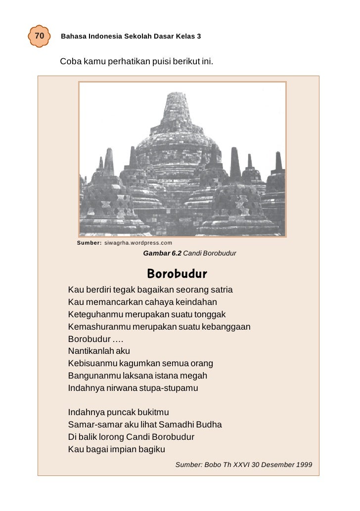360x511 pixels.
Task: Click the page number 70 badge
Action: point(40,37)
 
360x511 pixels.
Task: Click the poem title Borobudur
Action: point(177,274)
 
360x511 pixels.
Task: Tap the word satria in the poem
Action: point(221,290)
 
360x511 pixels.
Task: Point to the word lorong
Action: point(111,437)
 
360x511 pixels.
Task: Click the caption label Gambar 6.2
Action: point(162,254)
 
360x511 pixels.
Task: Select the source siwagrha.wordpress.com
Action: point(138,243)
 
